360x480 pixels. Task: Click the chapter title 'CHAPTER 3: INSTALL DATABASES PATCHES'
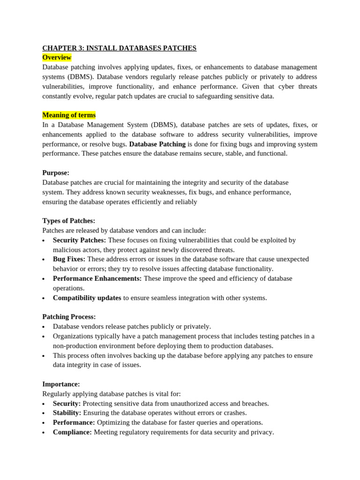[x=119, y=48]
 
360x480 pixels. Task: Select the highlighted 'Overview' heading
[x=57, y=57]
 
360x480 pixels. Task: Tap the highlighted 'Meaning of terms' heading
[x=69, y=115]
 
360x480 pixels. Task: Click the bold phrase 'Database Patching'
[x=157, y=144]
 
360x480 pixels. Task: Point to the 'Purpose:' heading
[x=56, y=172]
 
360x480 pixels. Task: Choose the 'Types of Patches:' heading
[x=68, y=220]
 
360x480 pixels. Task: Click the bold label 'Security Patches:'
[x=79, y=240]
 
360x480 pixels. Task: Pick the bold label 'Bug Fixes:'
[x=69, y=259]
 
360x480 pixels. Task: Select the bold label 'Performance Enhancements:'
[x=97, y=278]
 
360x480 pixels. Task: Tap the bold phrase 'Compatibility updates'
[x=87, y=298]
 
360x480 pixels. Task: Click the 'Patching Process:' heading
[x=69, y=316]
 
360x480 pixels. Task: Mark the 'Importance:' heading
[x=61, y=384]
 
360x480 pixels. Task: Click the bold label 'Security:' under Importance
[x=67, y=403]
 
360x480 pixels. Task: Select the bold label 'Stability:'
[x=67, y=412]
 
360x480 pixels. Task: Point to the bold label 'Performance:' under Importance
[x=74, y=422]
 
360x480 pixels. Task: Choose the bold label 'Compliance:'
[x=72, y=432]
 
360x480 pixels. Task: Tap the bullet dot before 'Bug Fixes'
[x=44, y=260]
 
